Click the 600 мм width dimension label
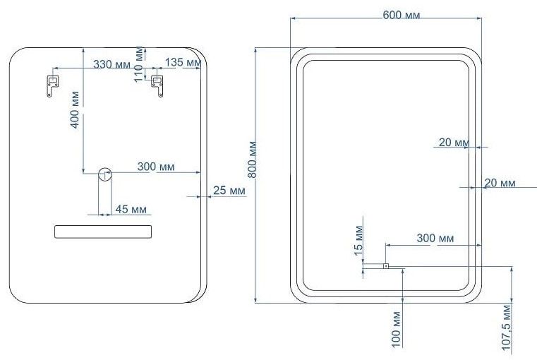pos(401,15)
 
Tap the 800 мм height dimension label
pos(253,160)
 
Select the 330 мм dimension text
pos(112,64)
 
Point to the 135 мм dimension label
pos(183,62)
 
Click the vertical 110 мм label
pos(139,64)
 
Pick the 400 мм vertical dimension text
pos(75,109)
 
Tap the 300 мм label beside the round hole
pos(156,167)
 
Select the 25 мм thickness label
pos(229,191)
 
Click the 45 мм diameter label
pos(131,209)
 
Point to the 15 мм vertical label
pos(358,241)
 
